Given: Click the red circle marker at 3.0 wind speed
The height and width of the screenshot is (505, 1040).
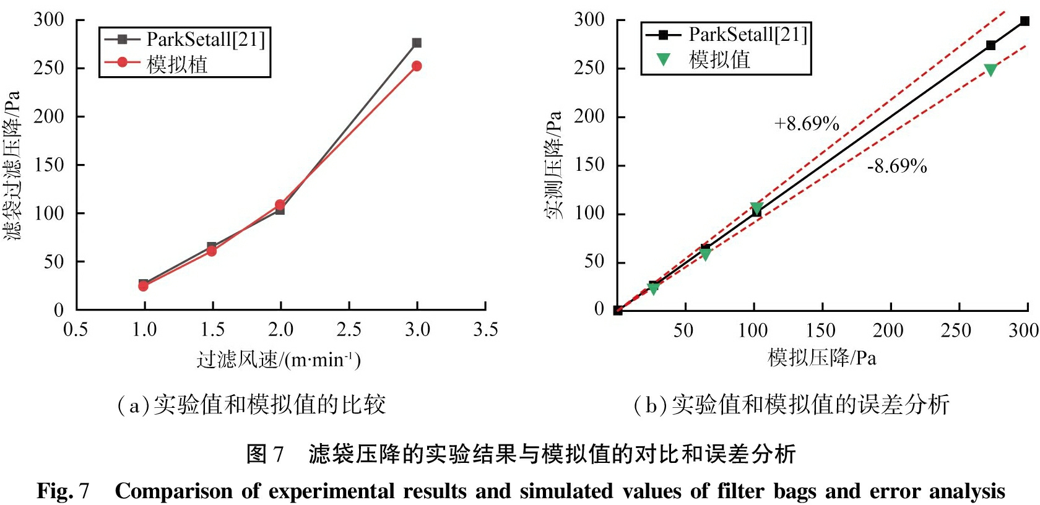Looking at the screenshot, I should (417, 66).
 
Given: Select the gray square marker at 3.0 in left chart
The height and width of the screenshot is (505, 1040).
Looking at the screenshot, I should (417, 43).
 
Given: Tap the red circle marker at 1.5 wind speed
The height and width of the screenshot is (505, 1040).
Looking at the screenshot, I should (212, 251).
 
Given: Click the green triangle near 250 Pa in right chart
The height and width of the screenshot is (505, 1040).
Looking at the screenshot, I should (990, 70).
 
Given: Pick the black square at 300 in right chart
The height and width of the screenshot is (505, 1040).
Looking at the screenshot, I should (1025, 21).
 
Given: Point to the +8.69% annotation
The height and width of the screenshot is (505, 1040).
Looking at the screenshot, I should (807, 124).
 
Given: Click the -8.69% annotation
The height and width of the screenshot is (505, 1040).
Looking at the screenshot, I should (897, 166).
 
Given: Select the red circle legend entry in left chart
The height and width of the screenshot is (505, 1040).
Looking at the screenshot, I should (123, 62).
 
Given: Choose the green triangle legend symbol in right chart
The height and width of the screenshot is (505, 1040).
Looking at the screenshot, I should (663, 59).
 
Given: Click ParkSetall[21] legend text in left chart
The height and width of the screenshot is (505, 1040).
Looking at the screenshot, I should (206, 40).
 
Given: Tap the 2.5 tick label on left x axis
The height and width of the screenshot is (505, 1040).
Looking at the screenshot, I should (349, 329).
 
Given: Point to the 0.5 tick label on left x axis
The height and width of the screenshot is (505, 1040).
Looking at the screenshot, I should (76, 329).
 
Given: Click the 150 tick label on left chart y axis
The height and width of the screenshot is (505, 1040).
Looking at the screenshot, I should (48, 165).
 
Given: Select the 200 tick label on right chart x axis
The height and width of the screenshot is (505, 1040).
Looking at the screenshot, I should (888, 330).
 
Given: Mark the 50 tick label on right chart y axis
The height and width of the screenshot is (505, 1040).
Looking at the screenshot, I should (594, 261).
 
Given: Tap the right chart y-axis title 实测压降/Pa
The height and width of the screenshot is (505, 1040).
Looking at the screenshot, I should (554, 165).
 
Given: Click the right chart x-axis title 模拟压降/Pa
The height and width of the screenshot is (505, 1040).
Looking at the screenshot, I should (821, 358).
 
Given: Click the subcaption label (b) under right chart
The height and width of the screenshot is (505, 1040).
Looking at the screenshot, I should (649, 405).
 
